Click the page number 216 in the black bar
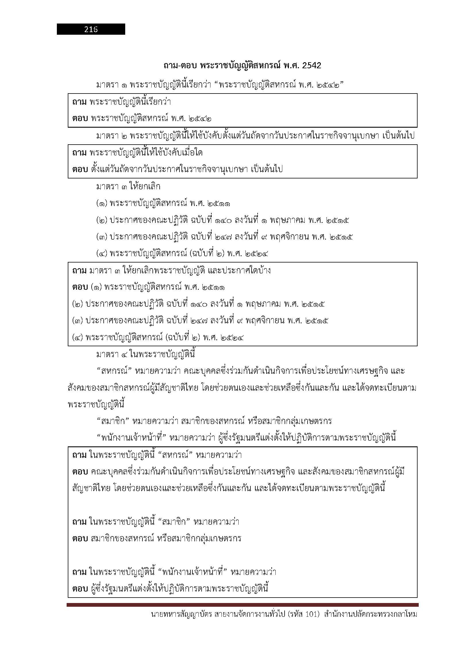pos(91,29)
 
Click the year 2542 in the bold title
pos(311,65)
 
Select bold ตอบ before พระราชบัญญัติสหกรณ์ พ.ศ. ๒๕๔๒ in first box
pos(80,119)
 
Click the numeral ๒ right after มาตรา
pos(124,136)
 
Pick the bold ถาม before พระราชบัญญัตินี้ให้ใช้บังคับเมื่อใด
pos(79,153)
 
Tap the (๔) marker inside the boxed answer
pos(78,338)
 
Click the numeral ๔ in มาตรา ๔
pos(124,355)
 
